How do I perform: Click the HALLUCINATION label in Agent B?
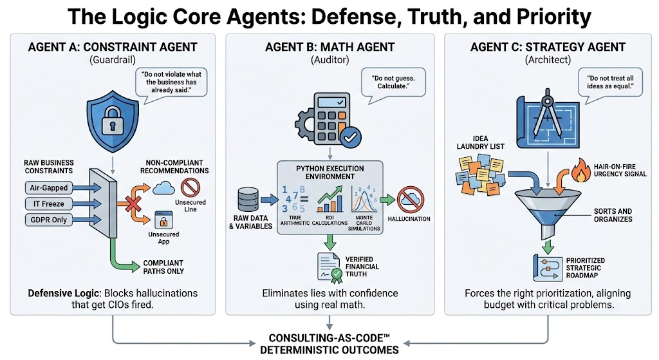(409, 218)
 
